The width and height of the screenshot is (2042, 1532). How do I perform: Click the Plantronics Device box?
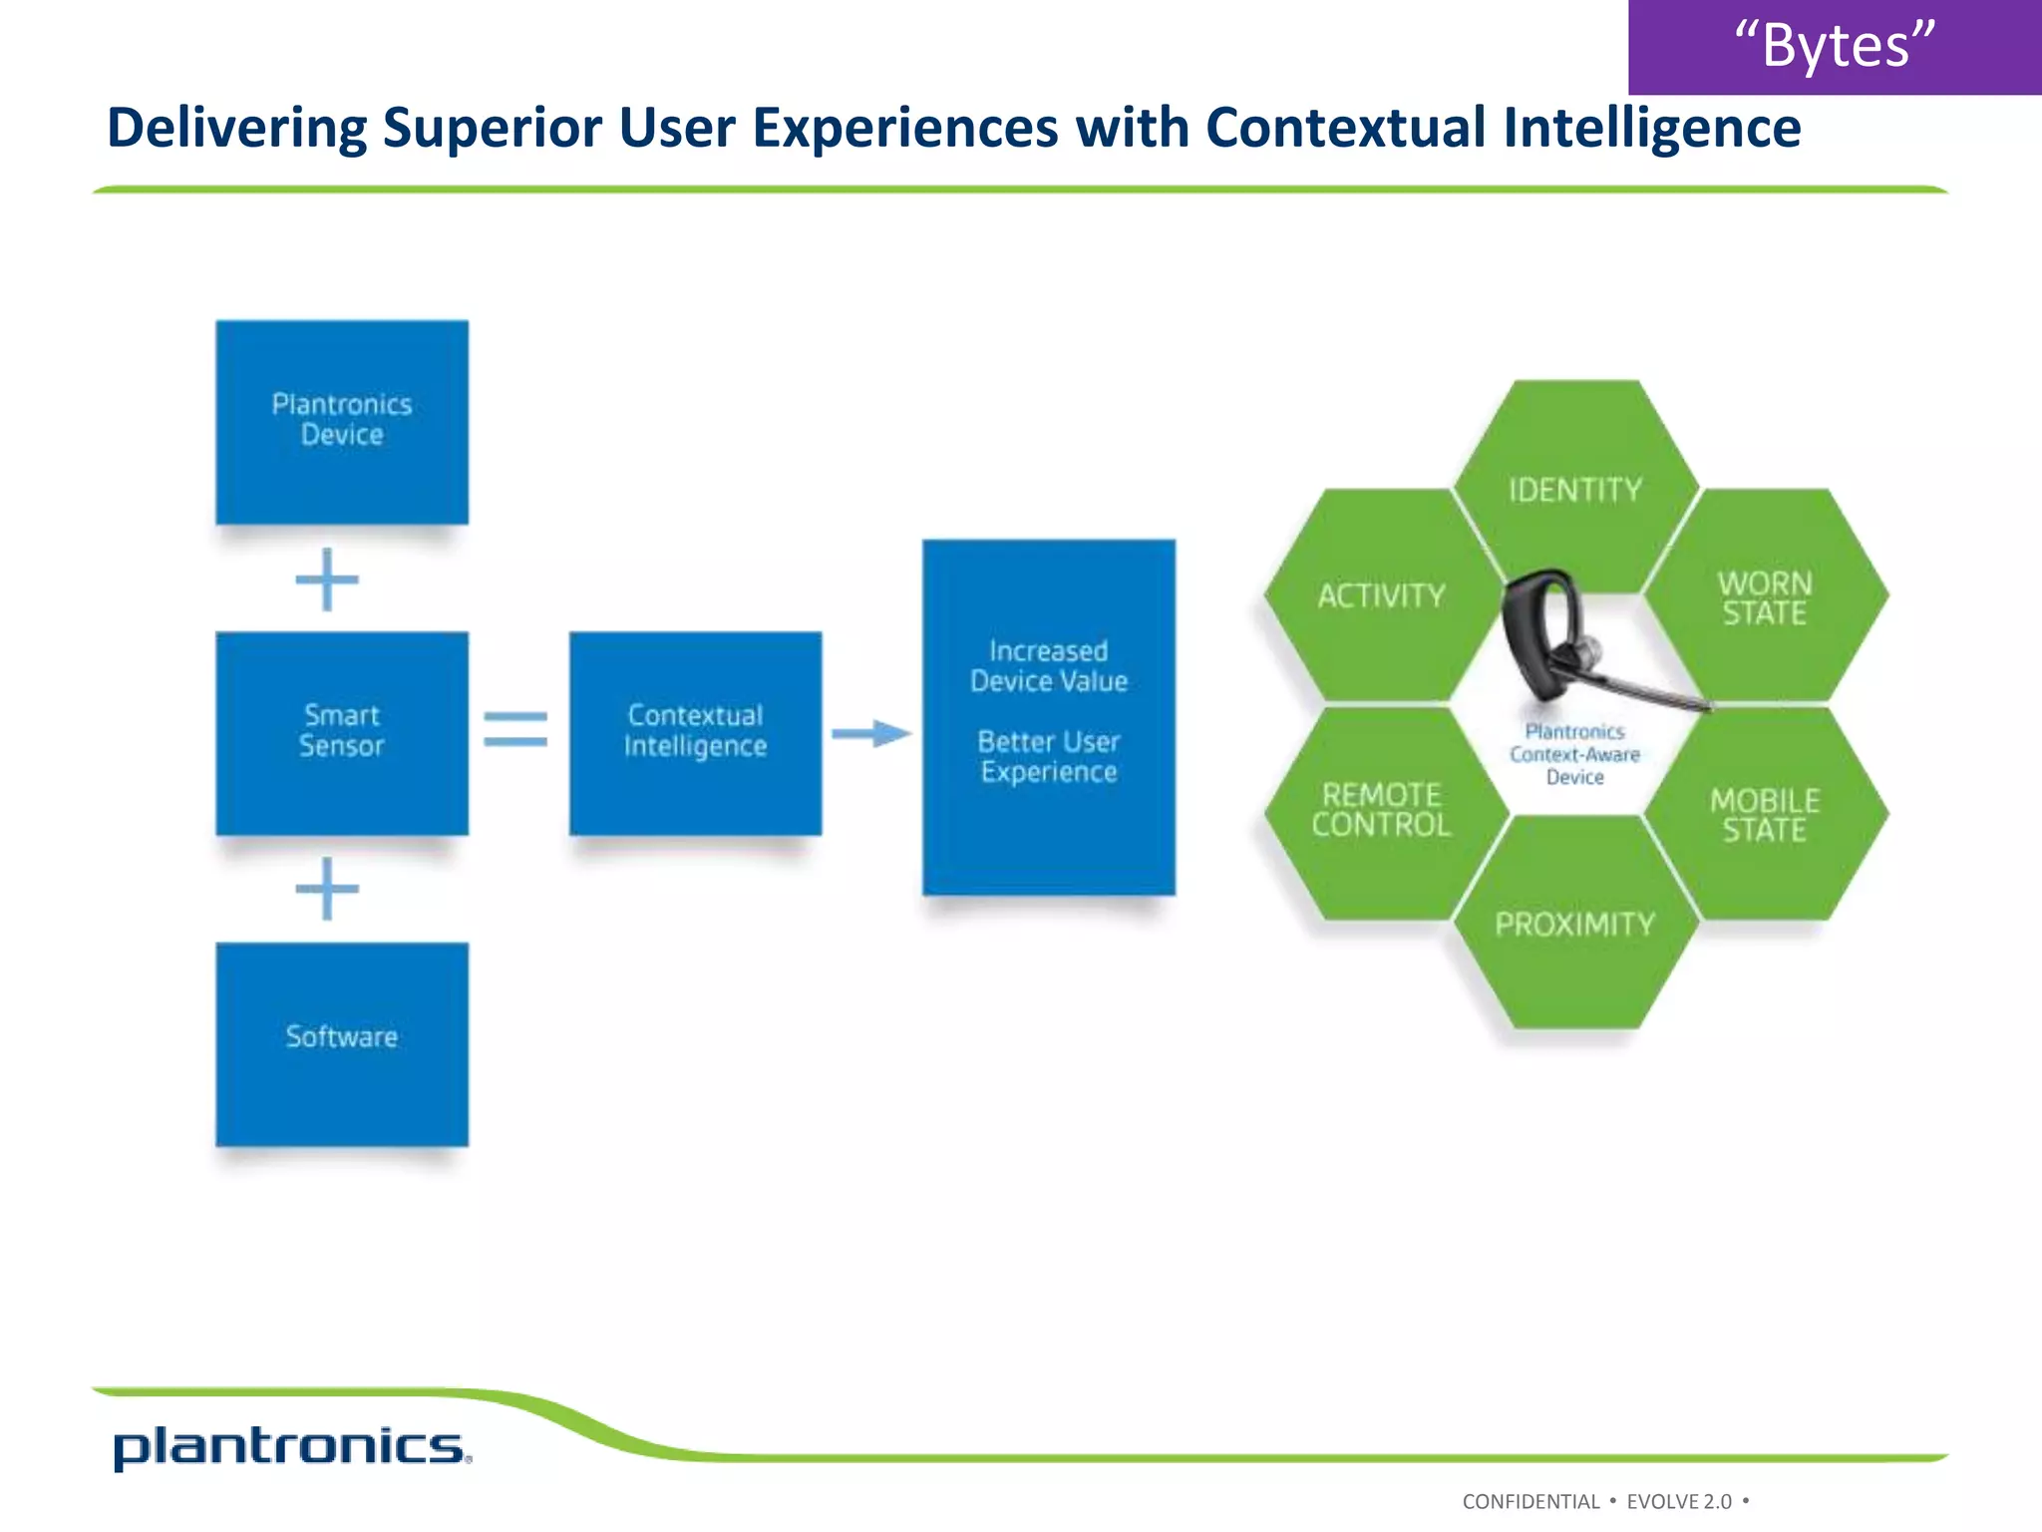coord(342,422)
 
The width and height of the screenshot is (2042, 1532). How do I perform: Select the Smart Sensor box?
coord(342,733)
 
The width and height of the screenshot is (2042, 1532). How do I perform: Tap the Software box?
coord(342,1044)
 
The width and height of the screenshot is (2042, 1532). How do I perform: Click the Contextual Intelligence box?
coord(695,733)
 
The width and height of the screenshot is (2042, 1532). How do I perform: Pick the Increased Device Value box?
coord(1048,716)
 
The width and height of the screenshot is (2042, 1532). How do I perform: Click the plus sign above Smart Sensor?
coord(327,579)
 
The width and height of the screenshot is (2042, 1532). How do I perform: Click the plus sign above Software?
coord(327,889)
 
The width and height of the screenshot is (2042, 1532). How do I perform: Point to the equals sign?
coord(515,729)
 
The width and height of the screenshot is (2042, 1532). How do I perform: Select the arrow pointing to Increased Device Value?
coord(870,734)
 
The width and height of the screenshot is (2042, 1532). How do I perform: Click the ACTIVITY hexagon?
coord(1381,595)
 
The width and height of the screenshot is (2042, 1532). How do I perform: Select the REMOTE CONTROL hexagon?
coord(1381,810)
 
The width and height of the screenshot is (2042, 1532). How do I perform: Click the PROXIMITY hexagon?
coord(1575,925)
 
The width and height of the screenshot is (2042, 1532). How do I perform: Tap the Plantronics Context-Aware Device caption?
coord(1575,754)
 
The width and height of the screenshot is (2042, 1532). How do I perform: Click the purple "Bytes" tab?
coord(1835,46)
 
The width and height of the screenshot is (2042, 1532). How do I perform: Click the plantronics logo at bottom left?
coord(290,1446)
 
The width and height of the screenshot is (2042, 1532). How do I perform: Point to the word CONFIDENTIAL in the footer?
coord(1531,1501)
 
